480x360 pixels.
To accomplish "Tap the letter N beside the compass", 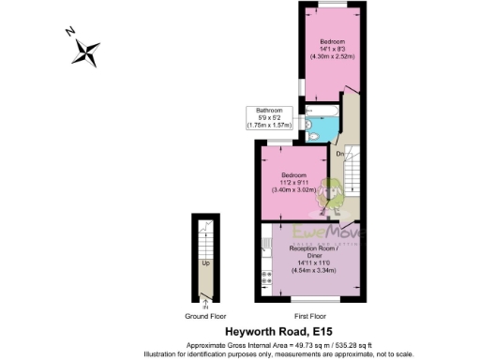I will (69, 31).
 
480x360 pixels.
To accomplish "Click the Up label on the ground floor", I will (205, 263).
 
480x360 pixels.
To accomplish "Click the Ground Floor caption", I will (205, 317).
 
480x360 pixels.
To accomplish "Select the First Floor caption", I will (309, 317).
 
